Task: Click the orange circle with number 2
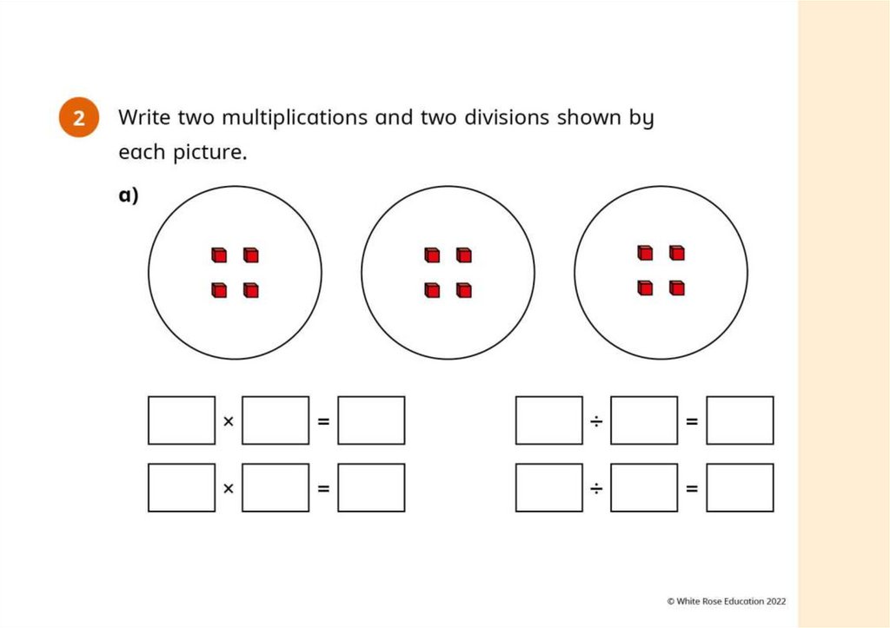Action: pos(79,118)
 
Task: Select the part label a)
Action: pos(129,195)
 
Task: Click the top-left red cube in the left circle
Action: pos(219,255)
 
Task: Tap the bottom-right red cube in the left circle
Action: pos(251,290)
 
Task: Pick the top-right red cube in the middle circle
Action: pos(464,255)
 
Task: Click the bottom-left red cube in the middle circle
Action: pos(432,290)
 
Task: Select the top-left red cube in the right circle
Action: pos(645,253)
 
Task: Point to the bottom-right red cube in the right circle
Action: pos(677,288)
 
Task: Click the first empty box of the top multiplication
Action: pos(182,420)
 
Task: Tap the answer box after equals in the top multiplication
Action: pos(371,420)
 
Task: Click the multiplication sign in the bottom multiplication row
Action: pos(229,488)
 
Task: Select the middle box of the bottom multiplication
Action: pos(276,487)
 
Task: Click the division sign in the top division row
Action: pos(596,421)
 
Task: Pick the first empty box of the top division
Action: pos(549,420)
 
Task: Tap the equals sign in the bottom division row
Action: pos(692,488)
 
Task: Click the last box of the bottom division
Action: pos(740,487)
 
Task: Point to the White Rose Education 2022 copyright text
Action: pos(727,600)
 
